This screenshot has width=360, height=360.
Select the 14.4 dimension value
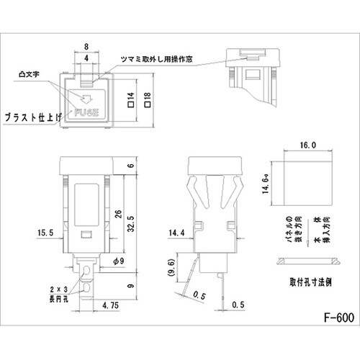174,233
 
